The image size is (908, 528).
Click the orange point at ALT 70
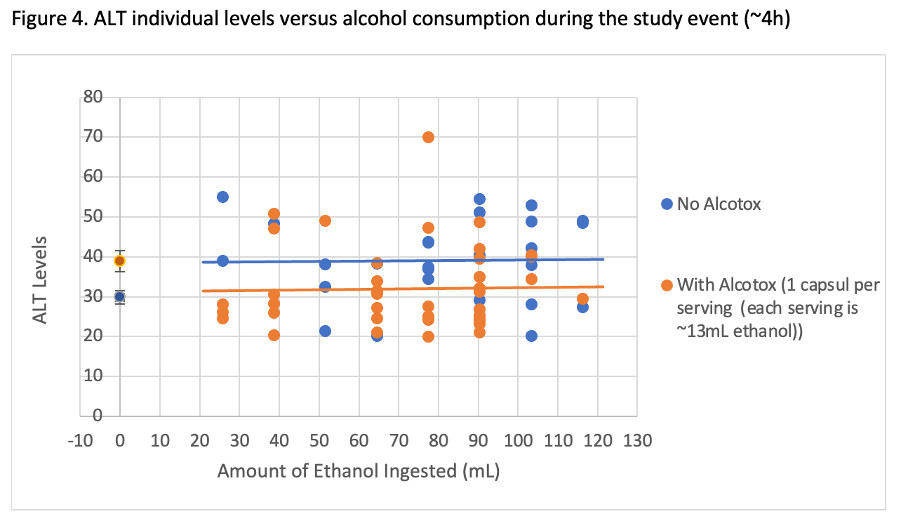(x=428, y=137)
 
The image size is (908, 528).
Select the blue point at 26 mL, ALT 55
(x=222, y=197)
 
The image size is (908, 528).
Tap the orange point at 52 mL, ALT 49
(x=325, y=220)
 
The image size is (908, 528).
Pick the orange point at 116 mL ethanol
(x=582, y=298)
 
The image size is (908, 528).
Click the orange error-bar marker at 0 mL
(x=120, y=260)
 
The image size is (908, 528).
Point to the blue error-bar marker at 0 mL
(x=120, y=296)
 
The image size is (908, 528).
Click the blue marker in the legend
(x=667, y=204)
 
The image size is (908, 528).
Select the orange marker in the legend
(x=667, y=285)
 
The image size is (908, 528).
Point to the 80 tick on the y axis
(x=94, y=97)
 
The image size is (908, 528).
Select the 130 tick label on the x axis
(x=639, y=440)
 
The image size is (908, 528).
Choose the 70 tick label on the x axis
(x=399, y=440)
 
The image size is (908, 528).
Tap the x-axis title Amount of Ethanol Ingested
(x=358, y=470)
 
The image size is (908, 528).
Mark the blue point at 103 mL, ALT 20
(x=531, y=336)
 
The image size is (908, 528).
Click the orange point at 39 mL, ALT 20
(x=274, y=335)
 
